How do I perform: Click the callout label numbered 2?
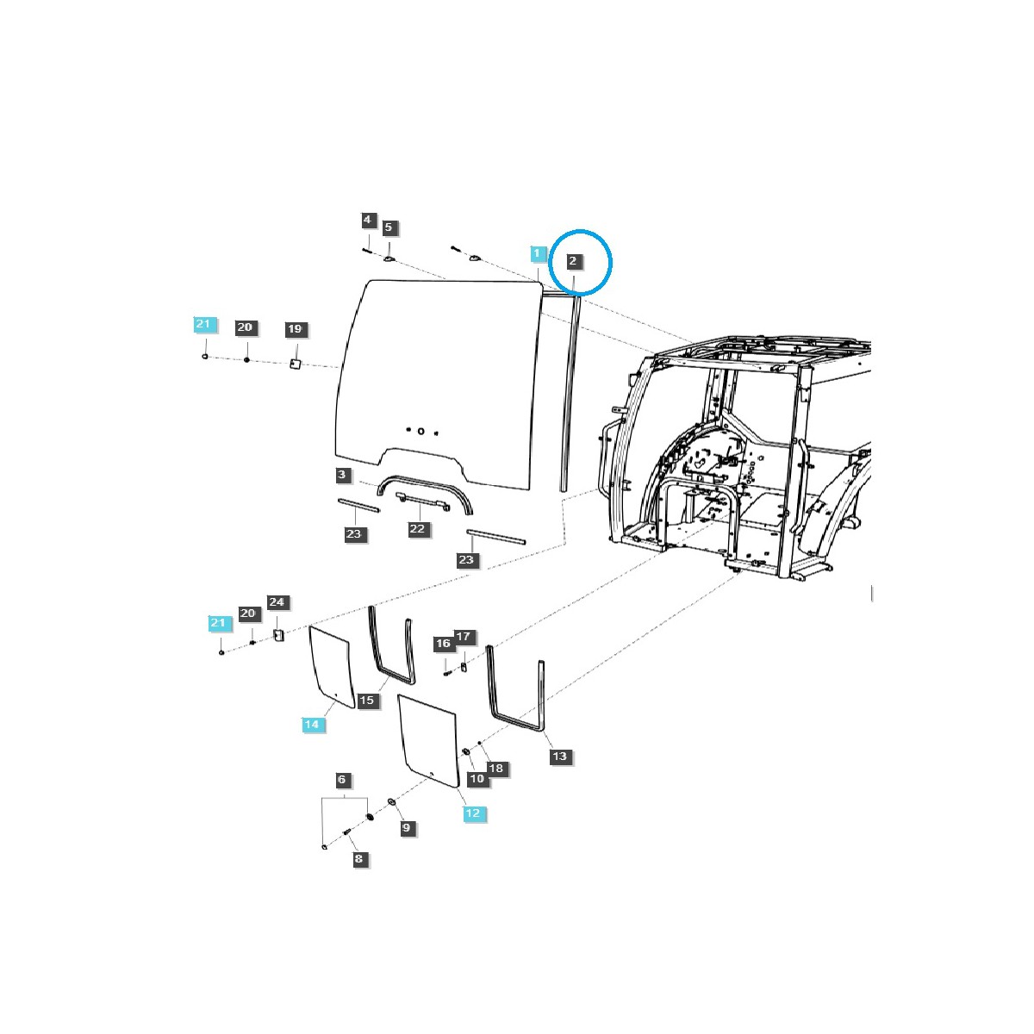pyautogui.click(x=573, y=260)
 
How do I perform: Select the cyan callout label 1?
pyautogui.click(x=538, y=253)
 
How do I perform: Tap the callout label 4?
pyautogui.click(x=367, y=221)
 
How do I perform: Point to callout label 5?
pyautogui.click(x=389, y=227)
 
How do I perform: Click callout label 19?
pyautogui.click(x=295, y=329)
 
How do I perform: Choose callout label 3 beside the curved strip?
pyautogui.click(x=342, y=475)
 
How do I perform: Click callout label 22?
pyautogui.click(x=418, y=528)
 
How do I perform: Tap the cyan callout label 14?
pyautogui.click(x=311, y=725)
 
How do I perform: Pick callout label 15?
pyautogui.click(x=367, y=700)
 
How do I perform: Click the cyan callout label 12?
pyautogui.click(x=472, y=813)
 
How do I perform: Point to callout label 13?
pyautogui.click(x=560, y=757)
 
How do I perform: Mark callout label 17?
pyautogui.click(x=464, y=637)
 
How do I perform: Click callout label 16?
pyautogui.click(x=443, y=644)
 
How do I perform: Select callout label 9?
pyautogui.click(x=407, y=828)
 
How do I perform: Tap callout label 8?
pyautogui.click(x=358, y=858)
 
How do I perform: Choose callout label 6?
pyautogui.click(x=342, y=780)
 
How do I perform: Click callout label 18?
pyautogui.click(x=496, y=768)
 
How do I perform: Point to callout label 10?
pyautogui.click(x=477, y=778)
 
